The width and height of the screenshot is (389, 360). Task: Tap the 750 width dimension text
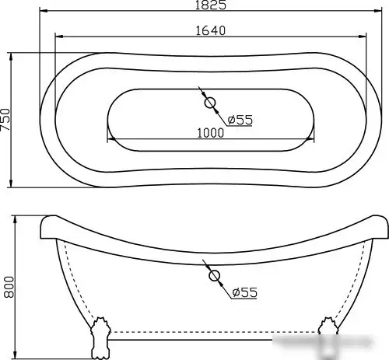(x=7, y=121)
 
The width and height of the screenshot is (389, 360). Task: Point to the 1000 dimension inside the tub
(x=210, y=132)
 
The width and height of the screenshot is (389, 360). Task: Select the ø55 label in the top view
(x=240, y=119)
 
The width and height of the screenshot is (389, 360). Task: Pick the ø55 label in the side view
(x=244, y=292)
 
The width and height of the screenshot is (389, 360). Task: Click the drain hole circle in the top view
(x=210, y=102)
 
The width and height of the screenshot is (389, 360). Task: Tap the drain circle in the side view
(x=212, y=275)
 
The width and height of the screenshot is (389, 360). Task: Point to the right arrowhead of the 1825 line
(x=380, y=13)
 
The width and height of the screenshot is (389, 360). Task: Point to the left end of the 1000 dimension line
(x=109, y=140)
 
